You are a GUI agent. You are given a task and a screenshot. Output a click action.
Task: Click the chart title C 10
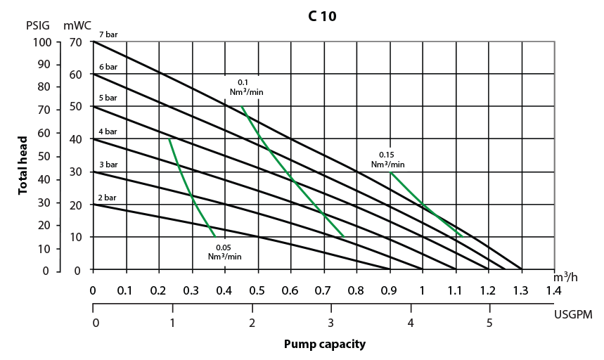click(322, 16)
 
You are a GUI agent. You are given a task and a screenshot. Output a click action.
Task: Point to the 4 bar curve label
click(108, 131)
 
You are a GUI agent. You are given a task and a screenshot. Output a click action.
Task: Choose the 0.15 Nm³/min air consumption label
click(387, 160)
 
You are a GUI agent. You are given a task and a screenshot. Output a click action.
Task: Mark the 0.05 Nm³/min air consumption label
click(224, 252)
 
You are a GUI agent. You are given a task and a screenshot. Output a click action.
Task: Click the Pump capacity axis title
click(324, 345)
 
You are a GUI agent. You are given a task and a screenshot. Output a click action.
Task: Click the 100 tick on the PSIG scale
click(43, 42)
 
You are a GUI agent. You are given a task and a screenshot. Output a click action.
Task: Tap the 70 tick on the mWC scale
click(76, 42)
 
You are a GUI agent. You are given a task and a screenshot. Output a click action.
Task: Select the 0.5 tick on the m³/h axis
click(257, 289)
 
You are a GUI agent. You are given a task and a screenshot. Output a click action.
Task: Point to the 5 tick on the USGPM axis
click(487, 323)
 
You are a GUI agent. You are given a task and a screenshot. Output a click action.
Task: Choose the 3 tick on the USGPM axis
click(330, 323)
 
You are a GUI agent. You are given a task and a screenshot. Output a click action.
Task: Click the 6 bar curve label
click(108, 66)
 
